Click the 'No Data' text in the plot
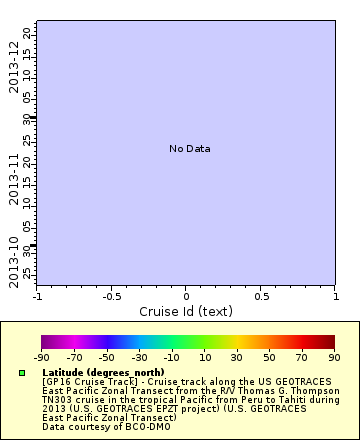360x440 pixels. pos(189,149)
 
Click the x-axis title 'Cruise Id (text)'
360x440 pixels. pos(186,311)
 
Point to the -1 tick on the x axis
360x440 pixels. pos(38,296)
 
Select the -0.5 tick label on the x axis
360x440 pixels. pos(111,296)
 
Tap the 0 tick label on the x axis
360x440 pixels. pos(186,296)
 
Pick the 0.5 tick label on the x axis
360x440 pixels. pos(261,296)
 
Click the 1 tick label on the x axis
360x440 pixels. pos(335,296)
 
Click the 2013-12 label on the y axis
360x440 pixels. pos(14,68)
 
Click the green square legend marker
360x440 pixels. pos(21,373)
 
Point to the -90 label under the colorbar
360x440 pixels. pos(41,357)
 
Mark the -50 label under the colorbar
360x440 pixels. pos(107,357)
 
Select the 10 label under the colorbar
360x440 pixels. pos(204,357)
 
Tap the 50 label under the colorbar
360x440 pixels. pos(270,357)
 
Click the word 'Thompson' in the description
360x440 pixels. pos(300,390)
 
